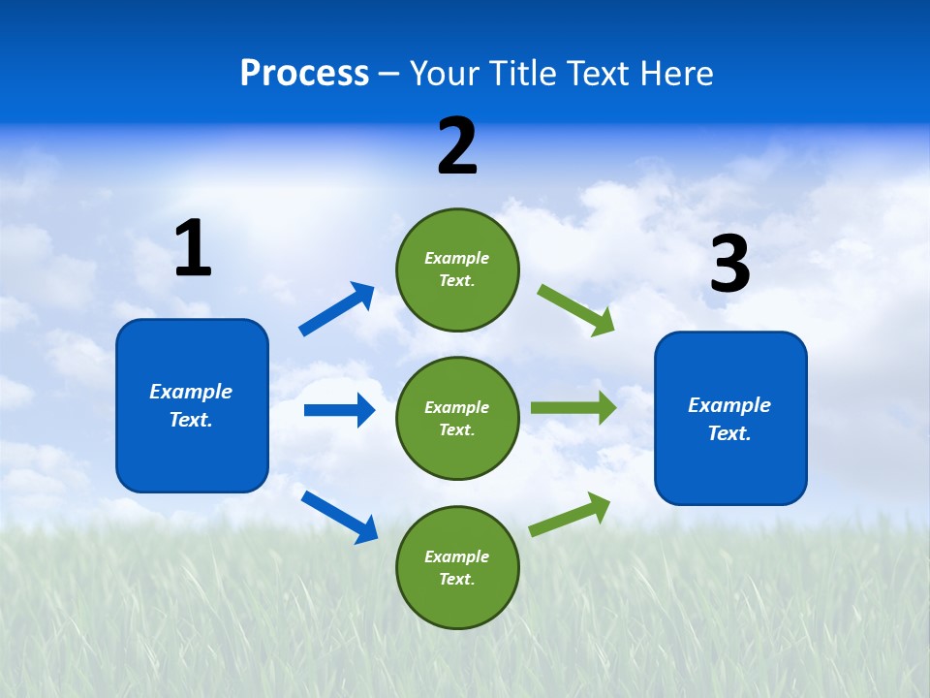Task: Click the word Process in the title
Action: coord(304,74)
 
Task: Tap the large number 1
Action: coord(193,249)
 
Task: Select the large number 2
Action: coord(457,146)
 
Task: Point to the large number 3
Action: coord(729,265)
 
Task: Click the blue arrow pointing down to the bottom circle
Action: coord(339,517)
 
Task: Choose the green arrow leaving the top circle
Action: coord(575,310)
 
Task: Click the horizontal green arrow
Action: coord(573,407)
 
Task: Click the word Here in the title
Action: coord(678,74)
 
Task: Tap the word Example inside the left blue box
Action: coord(191,392)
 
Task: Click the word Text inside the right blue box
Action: coord(728,433)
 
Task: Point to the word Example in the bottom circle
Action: coord(457,556)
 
